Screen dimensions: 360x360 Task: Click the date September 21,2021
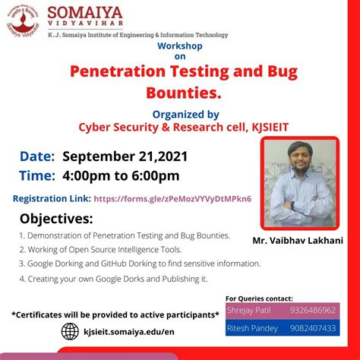point(125,156)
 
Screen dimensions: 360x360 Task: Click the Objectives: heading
point(56,219)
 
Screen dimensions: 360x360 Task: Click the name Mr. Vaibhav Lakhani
point(298,241)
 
